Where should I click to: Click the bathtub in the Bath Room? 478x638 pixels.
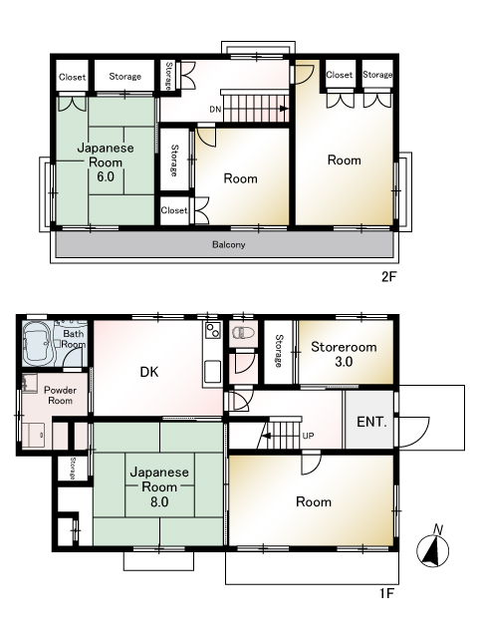point(39,344)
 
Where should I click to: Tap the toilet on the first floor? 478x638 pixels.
point(243,333)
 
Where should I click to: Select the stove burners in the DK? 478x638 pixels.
point(212,330)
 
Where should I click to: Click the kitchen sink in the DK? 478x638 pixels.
point(212,372)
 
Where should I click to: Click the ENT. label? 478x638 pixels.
point(371,422)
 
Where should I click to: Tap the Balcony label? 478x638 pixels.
point(229,244)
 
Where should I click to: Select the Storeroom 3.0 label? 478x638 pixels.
point(344,354)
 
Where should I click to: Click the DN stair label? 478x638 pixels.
point(215,109)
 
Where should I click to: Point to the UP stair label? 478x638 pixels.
point(308,436)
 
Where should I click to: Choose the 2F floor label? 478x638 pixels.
point(388,277)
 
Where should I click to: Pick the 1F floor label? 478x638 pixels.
point(387,594)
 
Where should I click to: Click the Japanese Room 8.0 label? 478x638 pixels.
point(159,486)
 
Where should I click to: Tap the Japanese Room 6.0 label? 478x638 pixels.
point(106,161)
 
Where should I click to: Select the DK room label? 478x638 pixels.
point(149,372)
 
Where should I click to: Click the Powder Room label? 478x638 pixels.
point(60,395)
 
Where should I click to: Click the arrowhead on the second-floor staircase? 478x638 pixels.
point(284,109)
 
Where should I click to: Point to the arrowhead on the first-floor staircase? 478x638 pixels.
point(266,436)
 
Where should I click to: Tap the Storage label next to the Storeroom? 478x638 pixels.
point(279,351)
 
